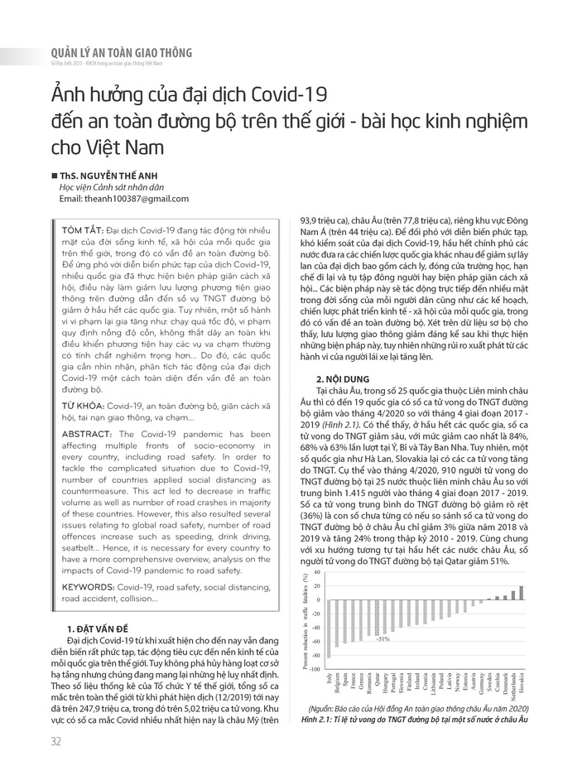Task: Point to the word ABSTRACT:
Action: point(79,435)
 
